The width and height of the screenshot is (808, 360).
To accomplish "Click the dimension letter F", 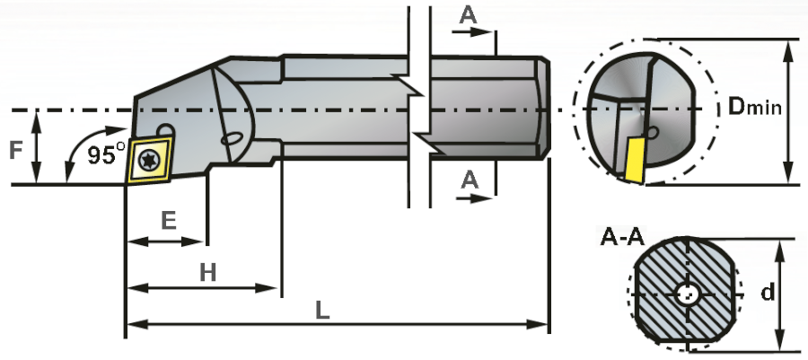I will [x=16, y=149].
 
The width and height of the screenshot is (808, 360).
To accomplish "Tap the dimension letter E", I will [x=166, y=221].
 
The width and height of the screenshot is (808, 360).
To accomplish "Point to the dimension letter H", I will [x=207, y=271].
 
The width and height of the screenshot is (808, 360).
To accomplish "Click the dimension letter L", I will [x=321, y=309].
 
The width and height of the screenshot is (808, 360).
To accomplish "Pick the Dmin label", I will [x=752, y=108].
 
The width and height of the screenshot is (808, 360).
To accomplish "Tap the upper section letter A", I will [x=468, y=15].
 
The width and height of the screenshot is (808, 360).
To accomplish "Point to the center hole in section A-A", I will [x=689, y=294].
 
